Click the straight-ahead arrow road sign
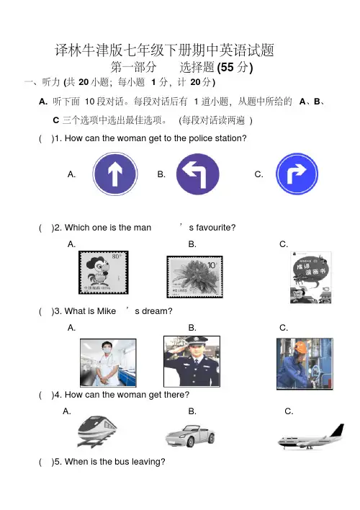(x=115, y=174)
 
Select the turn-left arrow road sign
(x=198, y=174)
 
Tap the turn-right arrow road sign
(x=297, y=174)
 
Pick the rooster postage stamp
(x=104, y=272)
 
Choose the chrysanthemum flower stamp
(x=195, y=277)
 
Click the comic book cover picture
(x=311, y=277)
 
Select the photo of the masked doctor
(x=108, y=362)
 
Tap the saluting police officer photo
(x=192, y=362)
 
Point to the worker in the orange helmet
(x=305, y=364)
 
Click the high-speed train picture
(x=97, y=431)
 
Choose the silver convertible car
(x=190, y=436)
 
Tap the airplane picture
(x=311, y=437)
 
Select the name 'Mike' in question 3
(x=107, y=311)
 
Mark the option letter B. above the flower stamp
(x=192, y=244)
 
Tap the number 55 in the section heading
(x=227, y=67)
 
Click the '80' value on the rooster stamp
(x=116, y=256)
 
